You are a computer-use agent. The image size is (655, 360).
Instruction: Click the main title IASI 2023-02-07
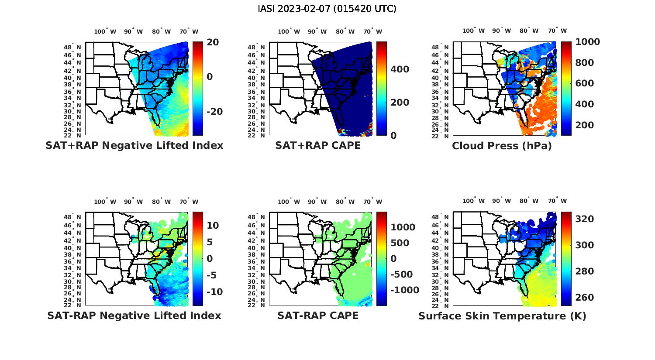click(x=327, y=9)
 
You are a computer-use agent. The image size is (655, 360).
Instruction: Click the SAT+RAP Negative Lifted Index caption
click(x=134, y=145)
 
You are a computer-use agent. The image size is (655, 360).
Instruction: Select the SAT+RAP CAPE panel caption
click(x=318, y=145)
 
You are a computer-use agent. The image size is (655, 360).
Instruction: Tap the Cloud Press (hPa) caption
click(x=502, y=146)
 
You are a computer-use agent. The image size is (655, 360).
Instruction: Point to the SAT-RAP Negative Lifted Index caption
click(x=134, y=315)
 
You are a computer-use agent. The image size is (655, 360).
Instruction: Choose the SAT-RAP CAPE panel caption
click(x=318, y=315)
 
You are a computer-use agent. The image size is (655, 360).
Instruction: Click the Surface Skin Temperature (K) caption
click(x=502, y=316)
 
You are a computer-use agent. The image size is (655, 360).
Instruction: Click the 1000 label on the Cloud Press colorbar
click(x=587, y=42)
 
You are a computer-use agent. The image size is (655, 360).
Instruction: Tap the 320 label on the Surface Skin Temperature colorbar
click(x=585, y=219)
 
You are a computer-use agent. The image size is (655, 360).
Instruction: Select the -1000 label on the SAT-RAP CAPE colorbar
click(x=404, y=290)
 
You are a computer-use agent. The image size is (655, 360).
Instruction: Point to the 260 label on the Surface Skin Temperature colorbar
click(x=585, y=297)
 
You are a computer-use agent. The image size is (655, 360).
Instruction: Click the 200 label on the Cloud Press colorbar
click(x=585, y=125)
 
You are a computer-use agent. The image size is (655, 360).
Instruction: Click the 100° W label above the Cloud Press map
click(x=474, y=31)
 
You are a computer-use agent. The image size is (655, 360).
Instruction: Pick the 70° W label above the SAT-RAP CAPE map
click(x=372, y=202)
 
